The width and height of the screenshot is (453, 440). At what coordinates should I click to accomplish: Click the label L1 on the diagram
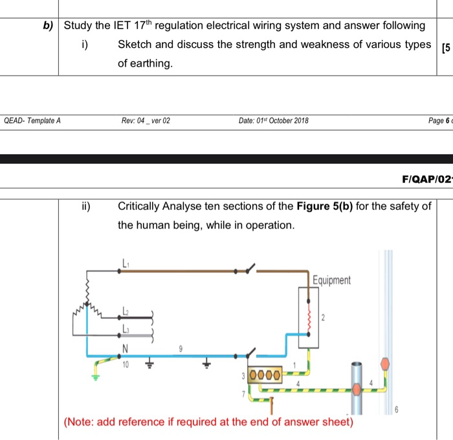(125, 263)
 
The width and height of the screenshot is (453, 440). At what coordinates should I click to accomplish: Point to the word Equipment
(331, 280)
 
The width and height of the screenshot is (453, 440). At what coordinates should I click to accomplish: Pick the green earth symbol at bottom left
(96, 377)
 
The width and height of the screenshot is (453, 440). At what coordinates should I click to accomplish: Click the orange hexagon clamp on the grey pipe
(357, 389)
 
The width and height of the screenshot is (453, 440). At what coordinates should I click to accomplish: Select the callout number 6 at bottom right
(396, 410)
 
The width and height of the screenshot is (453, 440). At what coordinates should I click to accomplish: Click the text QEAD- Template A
(32, 121)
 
